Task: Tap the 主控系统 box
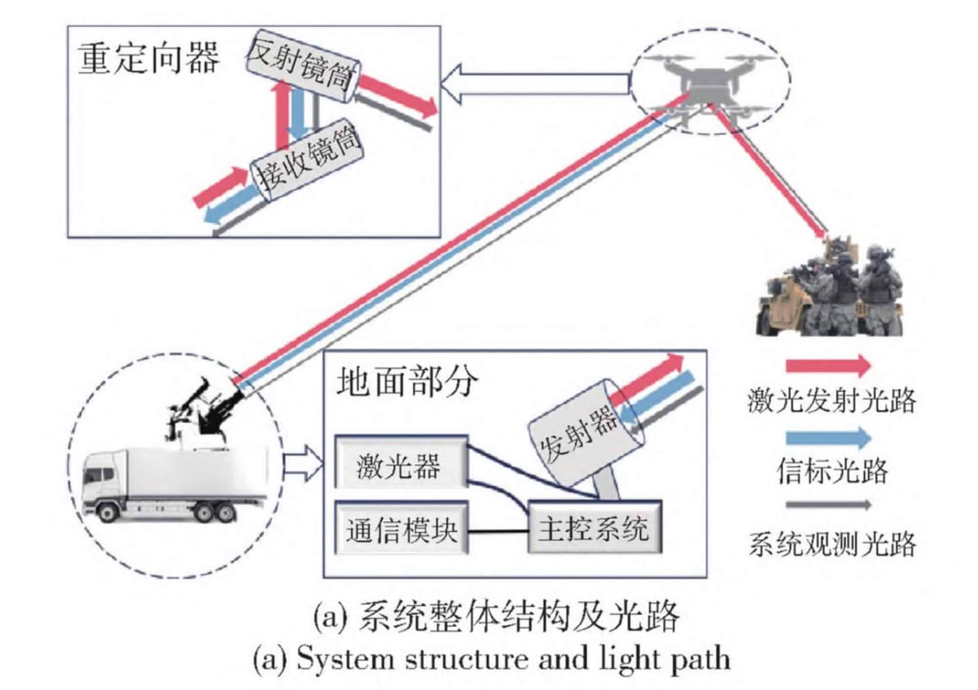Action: tap(594, 528)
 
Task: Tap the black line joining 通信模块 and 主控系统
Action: tap(497, 531)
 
